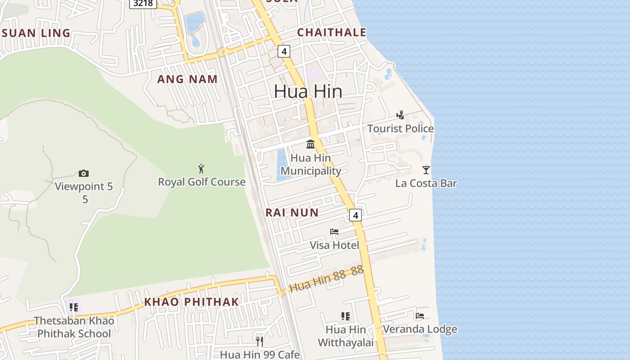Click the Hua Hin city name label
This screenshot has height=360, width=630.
(x=308, y=91)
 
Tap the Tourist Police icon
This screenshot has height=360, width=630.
(x=400, y=115)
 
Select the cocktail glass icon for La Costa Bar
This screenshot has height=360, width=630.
(x=426, y=170)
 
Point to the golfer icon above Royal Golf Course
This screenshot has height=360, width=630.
(x=201, y=169)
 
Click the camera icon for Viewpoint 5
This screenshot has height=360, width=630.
(x=83, y=173)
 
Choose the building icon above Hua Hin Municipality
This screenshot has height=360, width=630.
(x=310, y=144)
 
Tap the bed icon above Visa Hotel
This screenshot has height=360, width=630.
(x=334, y=232)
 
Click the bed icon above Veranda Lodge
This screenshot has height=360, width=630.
(x=420, y=316)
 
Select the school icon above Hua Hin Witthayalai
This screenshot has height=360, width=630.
(x=345, y=316)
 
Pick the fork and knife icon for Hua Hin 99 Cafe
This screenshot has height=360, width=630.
(x=260, y=342)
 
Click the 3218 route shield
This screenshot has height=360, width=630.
(x=143, y=4)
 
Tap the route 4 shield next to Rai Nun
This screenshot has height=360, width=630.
(x=355, y=215)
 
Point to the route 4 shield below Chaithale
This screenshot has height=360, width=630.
(x=283, y=51)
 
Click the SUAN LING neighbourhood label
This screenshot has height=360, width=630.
(x=36, y=33)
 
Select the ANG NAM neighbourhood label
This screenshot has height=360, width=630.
(x=187, y=79)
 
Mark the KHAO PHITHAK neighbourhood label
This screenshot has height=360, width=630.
(x=191, y=301)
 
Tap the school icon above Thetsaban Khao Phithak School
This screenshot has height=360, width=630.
(x=74, y=307)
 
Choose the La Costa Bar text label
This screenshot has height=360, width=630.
(x=426, y=183)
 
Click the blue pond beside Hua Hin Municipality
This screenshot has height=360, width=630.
(x=282, y=164)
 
